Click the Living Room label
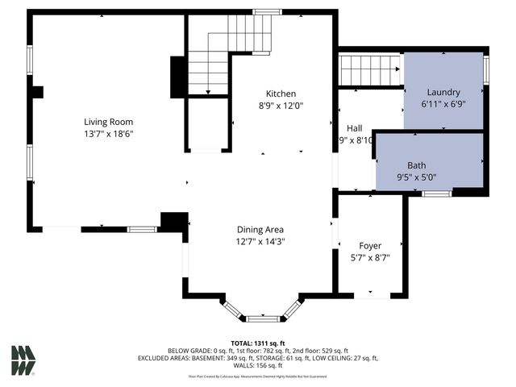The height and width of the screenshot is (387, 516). tap(108, 122)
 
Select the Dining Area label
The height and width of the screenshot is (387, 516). tap(260, 229)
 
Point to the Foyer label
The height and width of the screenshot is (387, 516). tap(370, 245)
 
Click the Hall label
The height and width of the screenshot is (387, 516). tap(355, 128)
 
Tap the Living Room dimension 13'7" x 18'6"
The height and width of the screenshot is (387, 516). tap(108, 134)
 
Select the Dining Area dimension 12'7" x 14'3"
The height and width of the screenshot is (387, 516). tap(260, 241)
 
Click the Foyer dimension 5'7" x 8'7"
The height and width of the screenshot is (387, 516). tap(370, 257)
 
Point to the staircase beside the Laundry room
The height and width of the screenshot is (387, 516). tap(369, 70)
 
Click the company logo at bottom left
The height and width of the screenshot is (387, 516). tap(23, 360)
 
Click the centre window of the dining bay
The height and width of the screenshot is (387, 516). tap(262, 318)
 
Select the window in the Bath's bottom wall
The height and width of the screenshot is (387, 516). tap(437, 193)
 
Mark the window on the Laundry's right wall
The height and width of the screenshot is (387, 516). tap(486, 69)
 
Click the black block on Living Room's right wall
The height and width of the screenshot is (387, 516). tap(178, 77)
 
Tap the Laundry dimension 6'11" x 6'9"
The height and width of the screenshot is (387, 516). tap(443, 104)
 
